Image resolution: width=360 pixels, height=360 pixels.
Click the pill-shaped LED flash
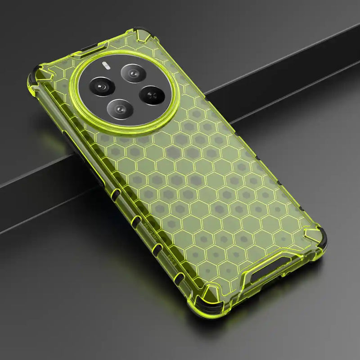[107, 65]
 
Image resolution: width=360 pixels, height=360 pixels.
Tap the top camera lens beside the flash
[133, 72]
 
